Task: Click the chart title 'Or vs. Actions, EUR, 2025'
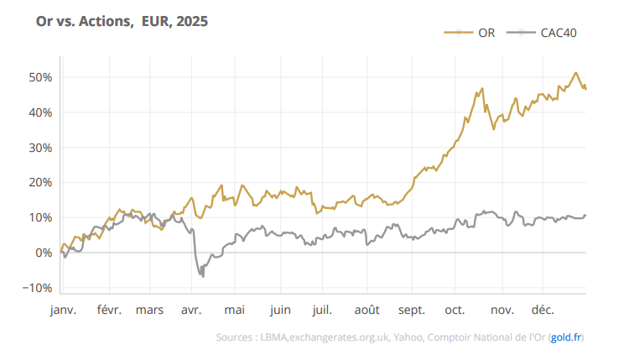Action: tap(122, 21)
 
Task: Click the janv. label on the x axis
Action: tap(63, 310)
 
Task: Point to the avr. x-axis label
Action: tap(190, 310)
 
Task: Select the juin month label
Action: tap(280, 310)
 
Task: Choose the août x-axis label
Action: tap(368, 310)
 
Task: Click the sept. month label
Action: tap(413, 310)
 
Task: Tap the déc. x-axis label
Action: tap(543, 310)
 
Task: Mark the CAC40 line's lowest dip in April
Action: tap(202, 276)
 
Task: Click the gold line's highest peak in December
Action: tap(576, 73)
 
